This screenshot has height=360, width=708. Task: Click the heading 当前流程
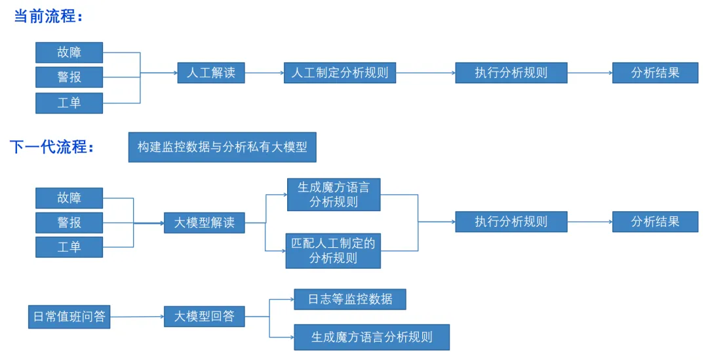[x=47, y=16]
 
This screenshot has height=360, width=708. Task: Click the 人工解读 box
[x=211, y=73]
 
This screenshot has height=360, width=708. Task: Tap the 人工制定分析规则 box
[x=340, y=73]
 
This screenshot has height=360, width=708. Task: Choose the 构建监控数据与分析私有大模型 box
[x=222, y=148]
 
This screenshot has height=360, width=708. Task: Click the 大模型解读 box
[x=204, y=223]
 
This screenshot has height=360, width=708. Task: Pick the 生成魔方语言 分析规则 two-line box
[x=334, y=195]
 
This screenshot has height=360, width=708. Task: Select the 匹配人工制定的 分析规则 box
[x=333, y=250]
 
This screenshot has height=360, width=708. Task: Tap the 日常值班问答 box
[x=69, y=317]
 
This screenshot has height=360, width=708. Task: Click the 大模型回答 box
[x=204, y=317]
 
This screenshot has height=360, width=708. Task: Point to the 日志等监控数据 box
[x=350, y=300]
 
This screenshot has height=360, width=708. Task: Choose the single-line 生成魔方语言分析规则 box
[x=372, y=338]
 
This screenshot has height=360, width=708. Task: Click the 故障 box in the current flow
[x=69, y=52]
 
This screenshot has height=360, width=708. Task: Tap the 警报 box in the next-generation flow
[x=69, y=222]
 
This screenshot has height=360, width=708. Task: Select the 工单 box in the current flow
[x=69, y=103]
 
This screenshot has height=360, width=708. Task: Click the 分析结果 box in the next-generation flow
[x=655, y=222]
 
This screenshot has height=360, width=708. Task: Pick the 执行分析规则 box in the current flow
[x=511, y=73]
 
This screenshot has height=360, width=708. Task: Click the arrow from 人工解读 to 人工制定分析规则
[x=264, y=73]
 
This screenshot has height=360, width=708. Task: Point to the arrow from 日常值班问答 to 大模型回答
[x=137, y=317]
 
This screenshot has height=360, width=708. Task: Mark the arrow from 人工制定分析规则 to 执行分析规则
[x=425, y=73]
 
